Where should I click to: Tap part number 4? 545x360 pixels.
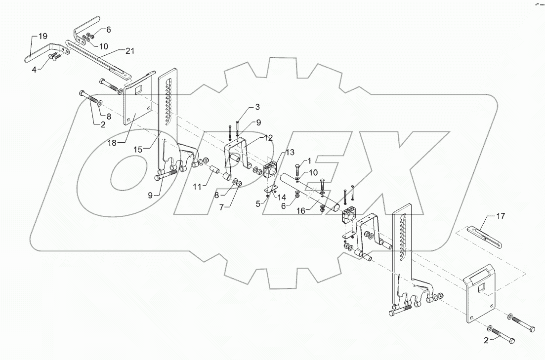pyautogui.click(x=33, y=70)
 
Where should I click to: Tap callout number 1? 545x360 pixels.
pyautogui.click(x=309, y=161)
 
